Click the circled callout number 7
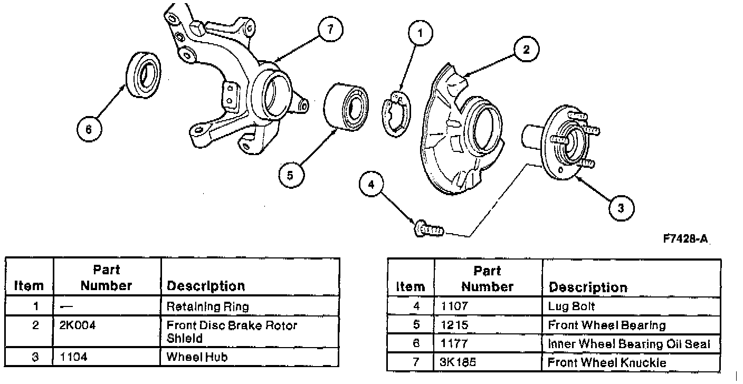(330, 30)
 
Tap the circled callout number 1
(420, 33)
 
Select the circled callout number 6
(89, 129)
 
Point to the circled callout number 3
(621, 208)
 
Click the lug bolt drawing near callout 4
(429, 228)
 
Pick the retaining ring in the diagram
(396, 114)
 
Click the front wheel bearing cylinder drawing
(346, 108)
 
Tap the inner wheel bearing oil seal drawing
(144, 74)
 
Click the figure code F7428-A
(685, 239)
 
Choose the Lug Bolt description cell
(631, 306)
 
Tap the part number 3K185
(458, 362)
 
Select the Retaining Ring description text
(207, 306)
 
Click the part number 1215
(454, 325)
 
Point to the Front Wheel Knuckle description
(607, 362)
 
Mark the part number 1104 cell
(107, 357)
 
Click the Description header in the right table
(588, 287)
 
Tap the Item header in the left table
(29, 285)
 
